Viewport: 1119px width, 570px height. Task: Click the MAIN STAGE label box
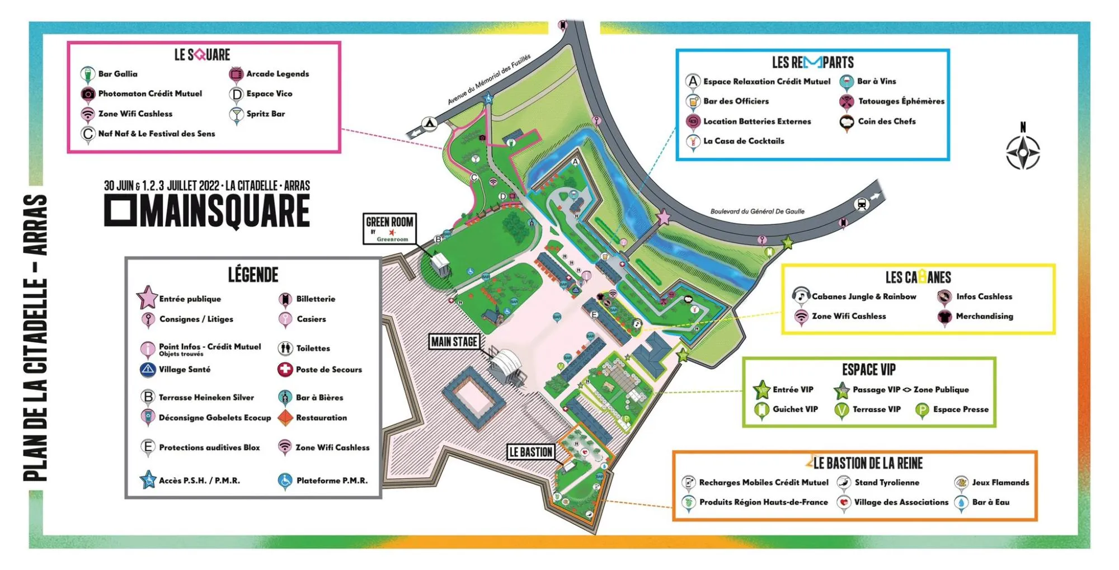click(x=454, y=341)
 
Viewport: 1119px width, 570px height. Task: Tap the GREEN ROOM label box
click(x=389, y=228)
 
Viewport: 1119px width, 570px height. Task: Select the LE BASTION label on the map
click(x=530, y=452)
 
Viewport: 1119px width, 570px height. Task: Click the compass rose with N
click(x=1023, y=152)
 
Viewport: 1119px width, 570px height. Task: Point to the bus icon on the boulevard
click(x=861, y=204)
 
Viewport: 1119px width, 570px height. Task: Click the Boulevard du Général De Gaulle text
click(x=757, y=211)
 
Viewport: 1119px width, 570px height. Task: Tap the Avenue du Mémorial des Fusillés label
click(x=488, y=80)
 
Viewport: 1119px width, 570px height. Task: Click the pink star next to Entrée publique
click(x=147, y=298)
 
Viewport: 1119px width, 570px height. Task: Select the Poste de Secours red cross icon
click(x=285, y=369)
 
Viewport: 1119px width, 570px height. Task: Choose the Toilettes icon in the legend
click(x=285, y=348)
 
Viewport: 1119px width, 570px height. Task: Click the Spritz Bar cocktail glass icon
click(x=236, y=114)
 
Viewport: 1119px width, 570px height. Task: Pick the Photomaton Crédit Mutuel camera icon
click(x=88, y=94)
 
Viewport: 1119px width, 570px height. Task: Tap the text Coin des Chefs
click(x=887, y=121)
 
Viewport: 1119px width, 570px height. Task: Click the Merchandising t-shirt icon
click(x=944, y=317)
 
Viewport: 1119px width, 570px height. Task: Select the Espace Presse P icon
click(x=921, y=410)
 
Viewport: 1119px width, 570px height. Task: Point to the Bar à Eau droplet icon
click(x=961, y=502)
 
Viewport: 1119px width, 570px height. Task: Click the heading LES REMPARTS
click(x=812, y=62)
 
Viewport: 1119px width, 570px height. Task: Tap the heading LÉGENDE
click(x=253, y=275)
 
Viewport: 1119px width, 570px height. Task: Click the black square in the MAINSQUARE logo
click(x=120, y=211)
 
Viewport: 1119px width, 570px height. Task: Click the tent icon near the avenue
click(x=429, y=123)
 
